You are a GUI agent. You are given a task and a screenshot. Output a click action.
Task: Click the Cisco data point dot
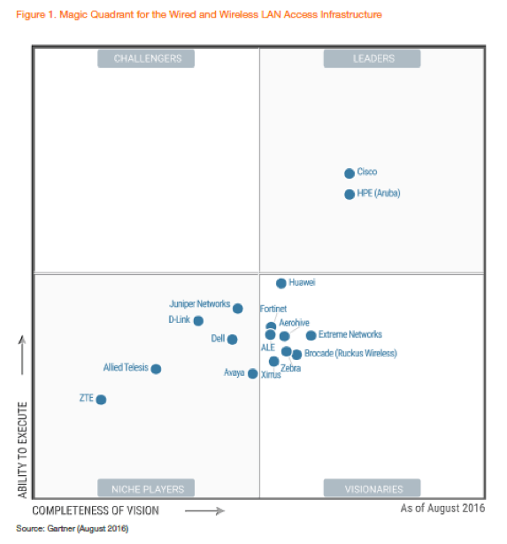coord(350,173)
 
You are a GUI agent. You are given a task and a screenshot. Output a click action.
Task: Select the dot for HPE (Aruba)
coord(350,194)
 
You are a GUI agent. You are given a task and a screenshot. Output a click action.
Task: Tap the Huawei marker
coord(281,283)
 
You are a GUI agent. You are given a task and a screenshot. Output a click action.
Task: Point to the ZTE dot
coord(101,400)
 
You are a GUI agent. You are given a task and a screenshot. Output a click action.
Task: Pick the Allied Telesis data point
coord(156,369)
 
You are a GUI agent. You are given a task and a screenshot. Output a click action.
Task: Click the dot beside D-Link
coord(198,321)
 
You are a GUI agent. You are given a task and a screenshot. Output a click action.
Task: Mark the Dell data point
coord(232,339)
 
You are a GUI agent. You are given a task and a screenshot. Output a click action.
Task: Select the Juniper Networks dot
coord(238,308)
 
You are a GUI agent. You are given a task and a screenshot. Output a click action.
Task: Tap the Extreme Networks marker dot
coord(311,335)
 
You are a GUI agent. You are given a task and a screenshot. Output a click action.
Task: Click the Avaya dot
coord(253,373)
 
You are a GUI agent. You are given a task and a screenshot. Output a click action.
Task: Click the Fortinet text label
coord(273,309)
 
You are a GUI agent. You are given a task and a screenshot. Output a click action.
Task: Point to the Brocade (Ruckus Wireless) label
coord(350,353)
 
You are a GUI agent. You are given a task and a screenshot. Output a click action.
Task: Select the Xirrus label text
coord(271,375)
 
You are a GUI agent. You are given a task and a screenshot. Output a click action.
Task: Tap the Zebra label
coord(290,368)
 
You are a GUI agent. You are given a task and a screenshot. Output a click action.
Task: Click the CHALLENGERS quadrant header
coord(148,59)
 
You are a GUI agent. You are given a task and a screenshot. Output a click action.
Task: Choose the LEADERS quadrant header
coord(371,59)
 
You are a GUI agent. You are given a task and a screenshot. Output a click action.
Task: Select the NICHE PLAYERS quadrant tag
coord(148,488)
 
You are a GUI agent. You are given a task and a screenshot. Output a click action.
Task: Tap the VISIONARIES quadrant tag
coord(371,488)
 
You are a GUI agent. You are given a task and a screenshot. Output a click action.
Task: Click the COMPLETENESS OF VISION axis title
coord(96,510)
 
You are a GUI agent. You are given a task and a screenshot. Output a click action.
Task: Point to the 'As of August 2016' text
coord(442,509)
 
